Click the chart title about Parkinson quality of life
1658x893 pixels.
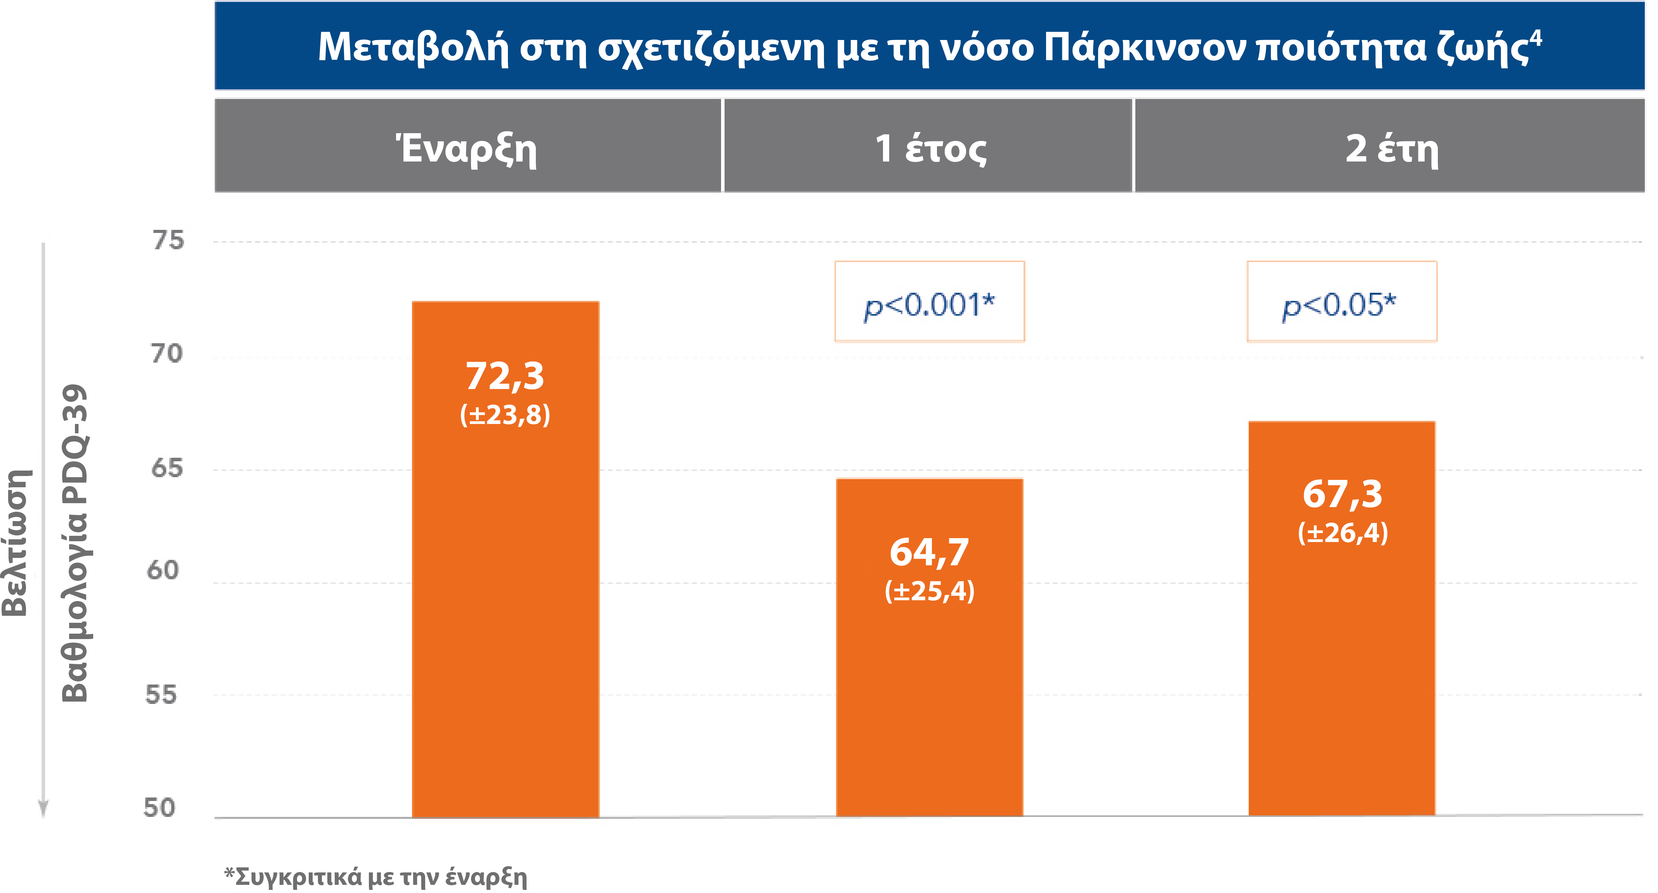pyautogui.click(x=929, y=47)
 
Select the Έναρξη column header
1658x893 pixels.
pyautogui.click(x=467, y=149)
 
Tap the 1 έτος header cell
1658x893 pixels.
pyautogui.click(x=929, y=149)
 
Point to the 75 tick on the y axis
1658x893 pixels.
pyautogui.click(x=168, y=241)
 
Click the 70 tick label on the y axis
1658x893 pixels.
pyautogui.click(x=167, y=354)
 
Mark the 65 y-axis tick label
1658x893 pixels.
pyautogui.click(x=167, y=468)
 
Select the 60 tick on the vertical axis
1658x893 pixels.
pyautogui.click(x=163, y=570)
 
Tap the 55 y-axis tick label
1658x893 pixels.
pyautogui.click(x=161, y=695)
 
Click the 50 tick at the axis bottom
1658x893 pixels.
pyautogui.click(x=159, y=808)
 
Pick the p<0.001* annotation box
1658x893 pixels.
pyautogui.click(x=929, y=302)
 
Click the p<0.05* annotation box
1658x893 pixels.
pyautogui.click(x=1341, y=302)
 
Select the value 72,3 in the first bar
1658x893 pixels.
pyautogui.click(x=505, y=376)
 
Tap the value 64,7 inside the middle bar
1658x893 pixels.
pyautogui.click(x=929, y=552)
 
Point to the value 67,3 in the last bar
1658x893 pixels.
pyautogui.click(x=1342, y=495)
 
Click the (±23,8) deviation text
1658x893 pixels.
pyautogui.click(x=505, y=415)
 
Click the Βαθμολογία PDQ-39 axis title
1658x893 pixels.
pyautogui.click(x=74, y=544)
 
